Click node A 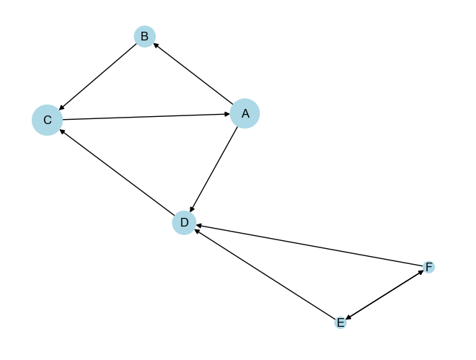(244, 113)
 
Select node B (144, 36)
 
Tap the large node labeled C (47, 120)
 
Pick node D (184, 223)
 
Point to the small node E (340, 322)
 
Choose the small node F (429, 267)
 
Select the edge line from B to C (97, 76)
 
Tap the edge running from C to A (144, 117)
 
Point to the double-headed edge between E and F (384, 295)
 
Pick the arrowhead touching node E (348, 318)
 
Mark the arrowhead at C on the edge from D (63, 131)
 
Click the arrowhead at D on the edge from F (198, 227)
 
